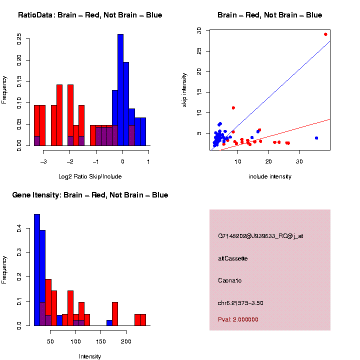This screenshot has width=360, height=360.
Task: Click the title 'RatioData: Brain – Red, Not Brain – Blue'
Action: [90, 15]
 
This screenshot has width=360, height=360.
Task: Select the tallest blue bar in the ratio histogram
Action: [120, 90]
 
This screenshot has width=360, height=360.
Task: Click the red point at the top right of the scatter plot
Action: [325, 34]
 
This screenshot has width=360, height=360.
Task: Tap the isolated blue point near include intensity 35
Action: [316, 138]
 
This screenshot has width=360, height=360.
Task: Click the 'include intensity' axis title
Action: [269, 176]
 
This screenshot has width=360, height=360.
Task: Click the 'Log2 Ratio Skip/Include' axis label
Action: [90, 176]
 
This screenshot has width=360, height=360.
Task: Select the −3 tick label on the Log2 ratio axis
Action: [43, 161]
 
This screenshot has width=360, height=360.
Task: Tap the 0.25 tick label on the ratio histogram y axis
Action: [19, 39]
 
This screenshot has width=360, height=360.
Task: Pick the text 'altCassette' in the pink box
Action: [233, 258]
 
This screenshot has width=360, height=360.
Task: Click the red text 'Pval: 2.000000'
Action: [238, 319]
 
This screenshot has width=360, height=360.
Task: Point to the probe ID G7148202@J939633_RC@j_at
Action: [260, 236]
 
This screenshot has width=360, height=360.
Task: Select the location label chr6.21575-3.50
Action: [240, 303]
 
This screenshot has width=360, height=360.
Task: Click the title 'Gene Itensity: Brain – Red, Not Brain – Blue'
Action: [90, 195]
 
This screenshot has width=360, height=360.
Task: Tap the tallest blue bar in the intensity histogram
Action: [37, 270]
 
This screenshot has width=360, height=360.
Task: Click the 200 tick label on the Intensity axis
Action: [126, 341]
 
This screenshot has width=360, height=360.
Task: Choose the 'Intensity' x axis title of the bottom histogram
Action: [90, 356]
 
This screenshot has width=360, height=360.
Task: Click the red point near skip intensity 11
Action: [233, 107]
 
